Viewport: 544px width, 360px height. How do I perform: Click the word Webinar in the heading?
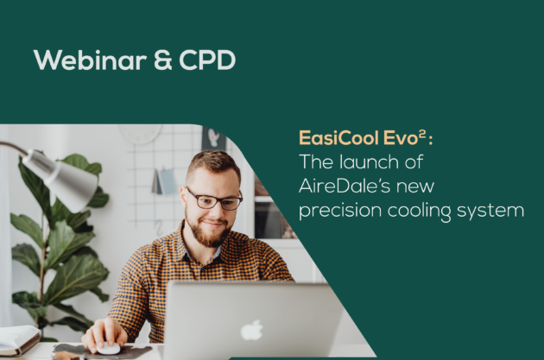pyautogui.click(x=90, y=60)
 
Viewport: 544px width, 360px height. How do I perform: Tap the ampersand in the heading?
pyautogui.click(x=162, y=60)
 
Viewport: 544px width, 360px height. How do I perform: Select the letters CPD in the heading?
pyautogui.click(x=207, y=60)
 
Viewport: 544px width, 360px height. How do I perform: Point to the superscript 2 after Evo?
pyautogui.click(x=422, y=134)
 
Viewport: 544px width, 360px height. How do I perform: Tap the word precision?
pyautogui.click(x=340, y=211)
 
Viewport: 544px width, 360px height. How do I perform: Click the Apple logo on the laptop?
pyautogui.click(x=251, y=330)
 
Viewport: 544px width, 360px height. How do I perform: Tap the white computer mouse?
pyautogui.click(x=108, y=348)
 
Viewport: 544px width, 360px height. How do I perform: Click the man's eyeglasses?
pyautogui.click(x=214, y=199)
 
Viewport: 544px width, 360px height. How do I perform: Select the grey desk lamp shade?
pyautogui.click(x=62, y=179)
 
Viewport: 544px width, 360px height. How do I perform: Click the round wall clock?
pyautogui.click(x=140, y=134)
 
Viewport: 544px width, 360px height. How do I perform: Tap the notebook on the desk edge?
pyautogui.click(x=19, y=340)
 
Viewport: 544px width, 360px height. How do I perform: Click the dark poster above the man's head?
pyautogui.click(x=214, y=138)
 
